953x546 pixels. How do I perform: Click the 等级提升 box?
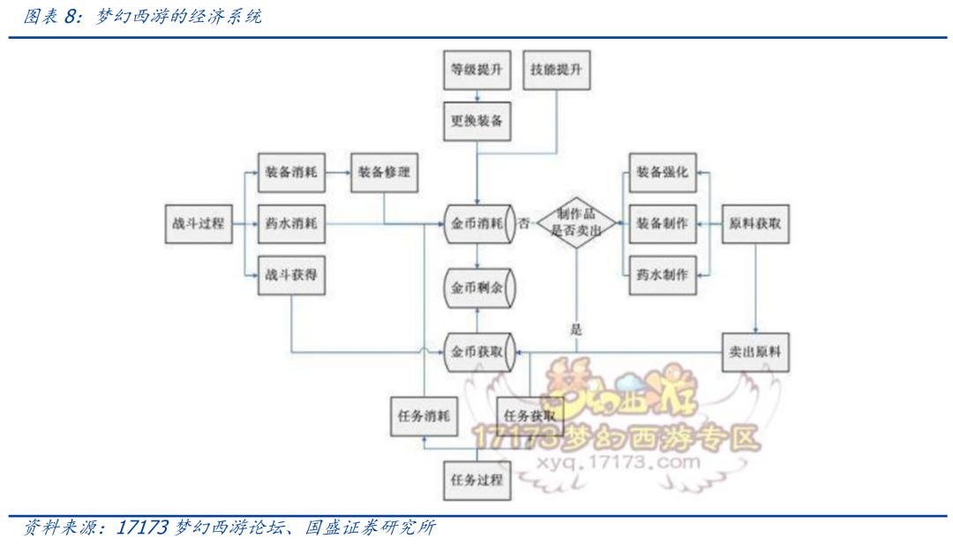[476, 70]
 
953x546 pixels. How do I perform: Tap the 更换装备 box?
[476, 121]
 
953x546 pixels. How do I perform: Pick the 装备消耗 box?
[290, 173]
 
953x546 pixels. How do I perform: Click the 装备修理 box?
[384, 173]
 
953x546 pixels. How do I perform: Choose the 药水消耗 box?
[290, 224]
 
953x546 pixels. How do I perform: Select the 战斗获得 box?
[290, 275]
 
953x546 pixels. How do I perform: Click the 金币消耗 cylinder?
[477, 224]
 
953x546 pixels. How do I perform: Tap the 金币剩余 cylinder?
[477, 288]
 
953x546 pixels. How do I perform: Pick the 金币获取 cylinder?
[477, 352]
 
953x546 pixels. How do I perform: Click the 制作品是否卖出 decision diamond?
[576, 223]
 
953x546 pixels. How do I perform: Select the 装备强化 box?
[662, 173]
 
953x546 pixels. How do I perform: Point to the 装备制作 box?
[662, 224]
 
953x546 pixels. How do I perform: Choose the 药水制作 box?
[662, 274]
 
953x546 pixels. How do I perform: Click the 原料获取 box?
[755, 224]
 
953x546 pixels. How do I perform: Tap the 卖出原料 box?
[755, 352]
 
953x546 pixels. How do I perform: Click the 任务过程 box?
[476, 480]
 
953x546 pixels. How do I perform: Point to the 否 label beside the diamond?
[524, 223]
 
